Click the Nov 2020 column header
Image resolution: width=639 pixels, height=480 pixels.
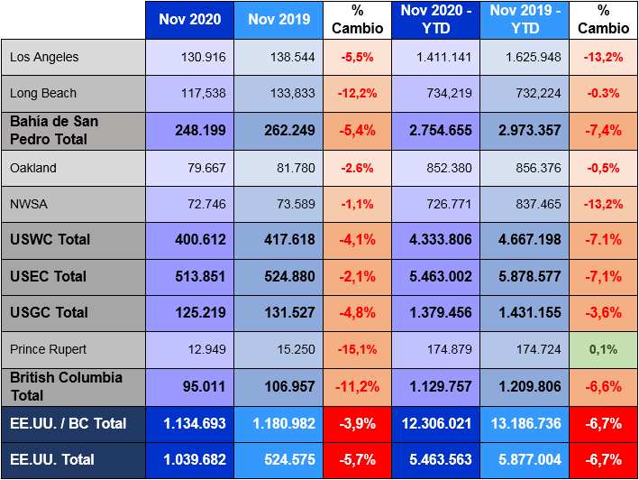(189, 20)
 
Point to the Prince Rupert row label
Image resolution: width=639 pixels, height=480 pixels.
(48, 348)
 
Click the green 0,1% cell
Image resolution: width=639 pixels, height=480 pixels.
(605, 348)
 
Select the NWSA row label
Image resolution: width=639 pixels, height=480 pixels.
(29, 204)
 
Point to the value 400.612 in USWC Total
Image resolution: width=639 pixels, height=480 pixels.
(196, 240)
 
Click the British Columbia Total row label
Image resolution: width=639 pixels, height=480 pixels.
(66, 385)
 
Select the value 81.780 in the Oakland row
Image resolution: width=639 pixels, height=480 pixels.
(292, 168)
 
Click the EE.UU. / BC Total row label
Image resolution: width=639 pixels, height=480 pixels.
(68, 423)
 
